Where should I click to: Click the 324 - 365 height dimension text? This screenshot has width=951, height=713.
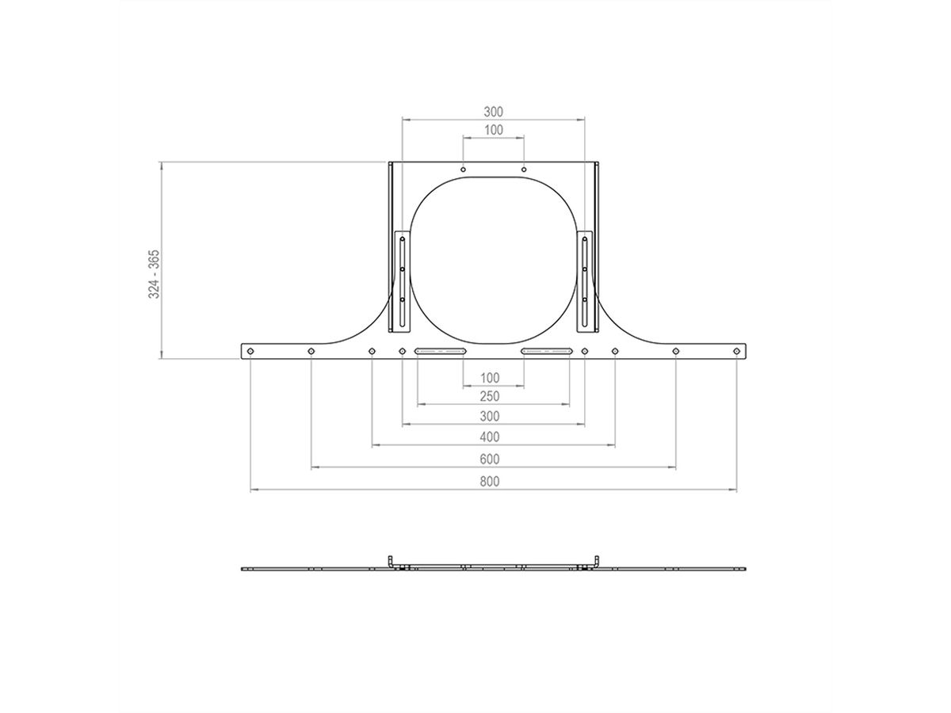coord(155,274)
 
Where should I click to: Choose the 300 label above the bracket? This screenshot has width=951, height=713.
coord(493,112)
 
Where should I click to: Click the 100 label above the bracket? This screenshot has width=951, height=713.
coord(493,129)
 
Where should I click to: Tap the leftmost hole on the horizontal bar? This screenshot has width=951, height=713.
coord(250,351)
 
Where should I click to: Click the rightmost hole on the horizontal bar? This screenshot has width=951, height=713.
coord(736,351)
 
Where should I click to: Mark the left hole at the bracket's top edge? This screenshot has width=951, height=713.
coord(463,169)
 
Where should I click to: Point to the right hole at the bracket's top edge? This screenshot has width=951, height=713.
coord(524,169)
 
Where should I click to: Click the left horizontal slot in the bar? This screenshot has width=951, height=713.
coord(441,351)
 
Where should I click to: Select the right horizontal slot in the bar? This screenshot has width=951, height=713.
coord(545,351)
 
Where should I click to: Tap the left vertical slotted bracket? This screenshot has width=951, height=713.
coord(403,281)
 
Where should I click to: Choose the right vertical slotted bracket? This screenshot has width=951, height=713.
coord(585,281)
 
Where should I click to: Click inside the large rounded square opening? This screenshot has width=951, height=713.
coord(493,261)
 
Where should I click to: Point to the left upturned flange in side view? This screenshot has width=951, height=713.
coord(391,562)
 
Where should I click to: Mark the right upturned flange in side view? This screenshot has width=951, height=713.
coord(596,562)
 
